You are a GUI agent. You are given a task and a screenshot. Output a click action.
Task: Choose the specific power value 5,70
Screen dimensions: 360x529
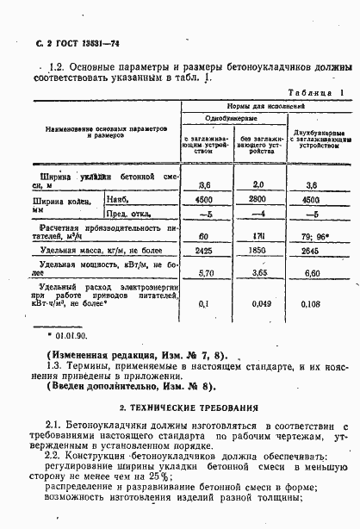click(205, 272)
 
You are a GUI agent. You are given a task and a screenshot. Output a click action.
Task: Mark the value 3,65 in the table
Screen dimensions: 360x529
click(258, 272)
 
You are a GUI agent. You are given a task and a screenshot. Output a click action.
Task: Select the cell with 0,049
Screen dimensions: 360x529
click(258, 304)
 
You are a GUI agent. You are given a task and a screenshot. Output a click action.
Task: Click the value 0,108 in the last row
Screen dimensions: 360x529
click(313, 304)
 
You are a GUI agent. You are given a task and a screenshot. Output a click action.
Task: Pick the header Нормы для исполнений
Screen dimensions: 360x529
click(266, 103)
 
